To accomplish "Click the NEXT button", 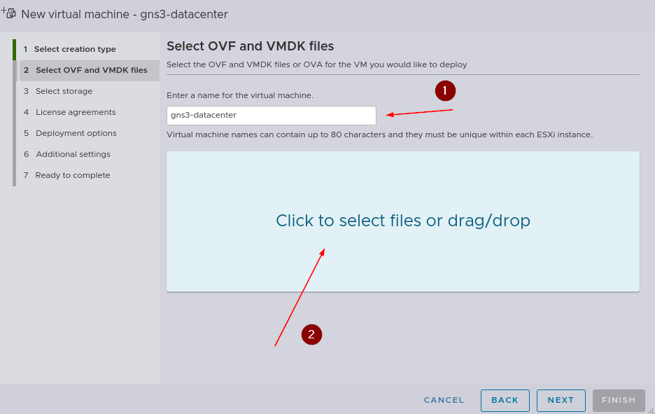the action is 561,400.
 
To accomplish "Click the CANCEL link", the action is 444,400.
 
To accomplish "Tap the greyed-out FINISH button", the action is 619,400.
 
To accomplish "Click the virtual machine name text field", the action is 271,116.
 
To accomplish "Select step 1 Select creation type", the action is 70,49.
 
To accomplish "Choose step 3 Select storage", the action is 58,91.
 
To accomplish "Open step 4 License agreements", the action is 70,112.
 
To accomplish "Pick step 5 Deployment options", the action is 70,133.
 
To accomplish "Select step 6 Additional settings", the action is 67,154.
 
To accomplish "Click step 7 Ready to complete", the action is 67,175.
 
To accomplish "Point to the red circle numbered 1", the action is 445,91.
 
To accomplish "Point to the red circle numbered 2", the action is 311,335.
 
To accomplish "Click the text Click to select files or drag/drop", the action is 403,221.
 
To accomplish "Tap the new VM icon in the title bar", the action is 8,13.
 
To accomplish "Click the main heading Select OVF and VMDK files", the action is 251,46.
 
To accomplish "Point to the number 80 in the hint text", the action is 337,134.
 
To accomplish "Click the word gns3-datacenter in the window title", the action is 184,14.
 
